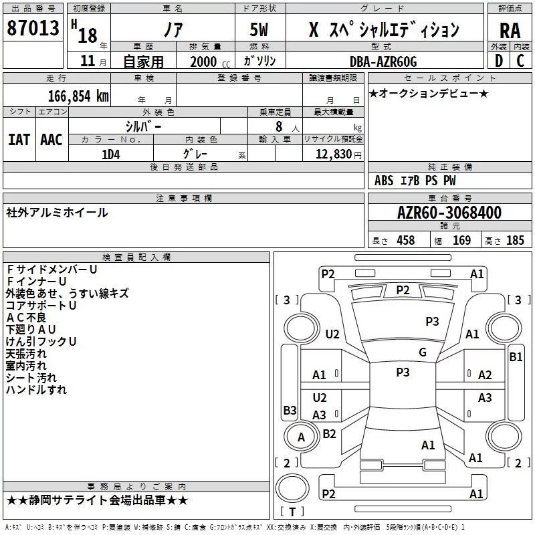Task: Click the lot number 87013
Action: coord(33,28)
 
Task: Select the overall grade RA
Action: coord(510,31)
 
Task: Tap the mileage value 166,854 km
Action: coord(78,96)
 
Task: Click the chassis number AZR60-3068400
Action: coord(449,213)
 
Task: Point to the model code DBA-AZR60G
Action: coord(383,62)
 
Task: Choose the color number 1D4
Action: coord(111,154)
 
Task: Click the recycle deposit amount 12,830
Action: coord(334,154)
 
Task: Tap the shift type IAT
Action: coord(19,140)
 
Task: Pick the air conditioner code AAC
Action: coord(51,140)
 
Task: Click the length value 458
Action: coord(406,240)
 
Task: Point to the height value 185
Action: coord(515,240)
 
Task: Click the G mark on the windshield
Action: coord(423,352)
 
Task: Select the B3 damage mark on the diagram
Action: coord(290,410)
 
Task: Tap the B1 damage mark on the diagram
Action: coord(516,357)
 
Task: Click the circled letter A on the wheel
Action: coord(301,437)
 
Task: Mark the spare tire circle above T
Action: coord(292,488)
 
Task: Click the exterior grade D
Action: coord(499,61)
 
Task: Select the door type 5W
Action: coord(259,29)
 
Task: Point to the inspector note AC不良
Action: coord(26,317)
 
